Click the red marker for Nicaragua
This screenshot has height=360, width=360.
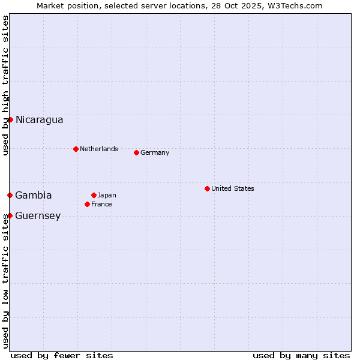pyautogui.click(x=10, y=119)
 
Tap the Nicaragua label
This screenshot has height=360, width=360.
pyautogui.click(x=39, y=119)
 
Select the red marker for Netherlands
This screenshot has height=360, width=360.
pyautogui.click(x=76, y=149)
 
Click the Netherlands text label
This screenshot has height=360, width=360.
pyautogui.click(x=98, y=149)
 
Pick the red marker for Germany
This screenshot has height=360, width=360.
pyautogui.click(x=136, y=152)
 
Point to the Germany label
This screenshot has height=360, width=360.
pyautogui.click(x=155, y=152)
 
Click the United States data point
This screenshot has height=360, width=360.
pyautogui.click(x=207, y=188)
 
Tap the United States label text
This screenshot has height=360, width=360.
pyautogui.click(x=232, y=188)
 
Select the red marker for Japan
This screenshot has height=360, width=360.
pyautogui.click(x=94, y=195)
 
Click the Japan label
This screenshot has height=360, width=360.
pyautogui.click(x=107, y=195)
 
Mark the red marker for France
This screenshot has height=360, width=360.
pyautogui.click(x=87, y=204)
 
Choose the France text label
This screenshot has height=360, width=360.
pyautogui.click(x=101, y=204)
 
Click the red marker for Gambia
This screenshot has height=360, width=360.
pyautogui.click(x=10, y=195)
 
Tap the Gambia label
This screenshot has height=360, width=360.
pyautogui.click(x=34, y=195)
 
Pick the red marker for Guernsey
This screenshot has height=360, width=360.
pyautogui.click(x=10, y=215)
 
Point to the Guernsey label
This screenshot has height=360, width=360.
pyautogui.click(x=38, y=215)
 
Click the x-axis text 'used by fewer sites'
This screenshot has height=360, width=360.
pyautogui.click(x=62, y=355)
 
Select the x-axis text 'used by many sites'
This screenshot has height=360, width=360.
pyautogui.click(x=301, y=355)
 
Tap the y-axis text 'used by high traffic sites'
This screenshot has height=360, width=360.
pyautogui.click(x=5, y=85)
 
